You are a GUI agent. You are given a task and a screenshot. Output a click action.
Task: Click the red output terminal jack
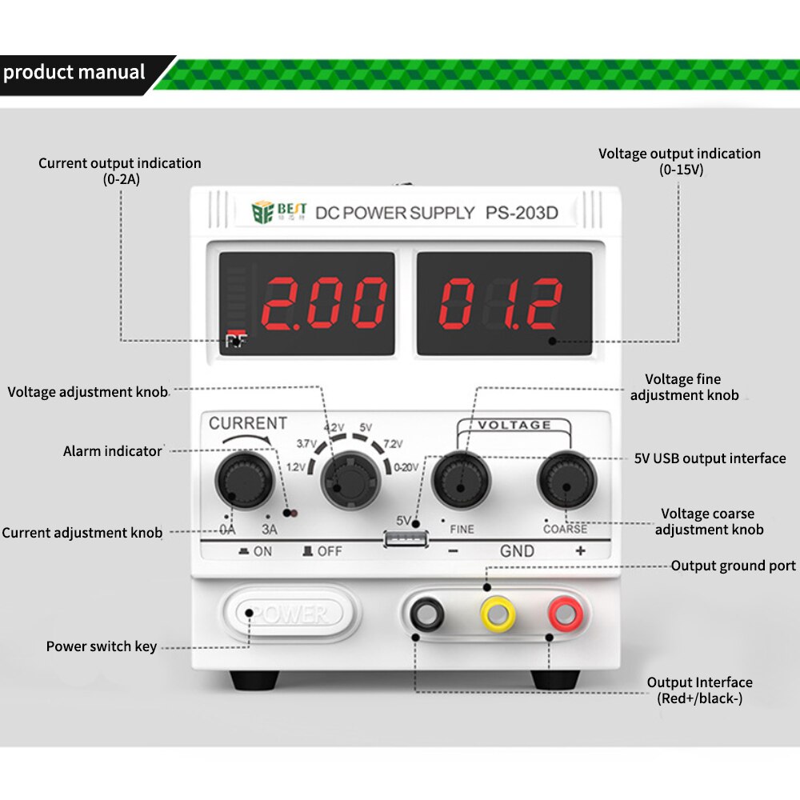[566, 614]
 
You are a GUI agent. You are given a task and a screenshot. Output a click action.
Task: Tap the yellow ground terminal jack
[498, 614]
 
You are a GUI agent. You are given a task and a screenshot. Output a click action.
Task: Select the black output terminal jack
[427, 614]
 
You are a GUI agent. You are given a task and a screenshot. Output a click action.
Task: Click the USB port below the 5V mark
[406, 538]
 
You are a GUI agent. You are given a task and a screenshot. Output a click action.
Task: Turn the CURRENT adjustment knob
[245, 480]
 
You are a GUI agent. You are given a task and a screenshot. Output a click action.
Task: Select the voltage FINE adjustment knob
[462, 480]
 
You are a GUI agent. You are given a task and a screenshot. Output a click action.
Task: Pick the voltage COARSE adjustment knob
[567, 480]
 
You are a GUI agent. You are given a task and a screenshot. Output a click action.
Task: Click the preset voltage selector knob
[350, 480]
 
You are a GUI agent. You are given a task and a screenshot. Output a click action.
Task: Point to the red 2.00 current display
[324, 303]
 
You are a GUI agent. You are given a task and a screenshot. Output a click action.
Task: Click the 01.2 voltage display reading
[501, 303]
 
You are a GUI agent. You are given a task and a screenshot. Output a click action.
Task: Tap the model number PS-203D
[522, 213]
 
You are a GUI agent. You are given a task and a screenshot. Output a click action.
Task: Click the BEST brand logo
[278, 212]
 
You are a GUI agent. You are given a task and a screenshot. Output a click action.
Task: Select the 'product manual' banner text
[74, 72]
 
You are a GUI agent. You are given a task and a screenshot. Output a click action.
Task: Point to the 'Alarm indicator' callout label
[112, 451]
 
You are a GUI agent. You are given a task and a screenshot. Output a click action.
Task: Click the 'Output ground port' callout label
[733, 566]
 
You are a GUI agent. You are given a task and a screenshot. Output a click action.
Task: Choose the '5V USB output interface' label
[710, 458]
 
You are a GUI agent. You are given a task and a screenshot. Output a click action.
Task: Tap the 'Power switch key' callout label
[101, 646]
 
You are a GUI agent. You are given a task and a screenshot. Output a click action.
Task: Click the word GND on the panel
[517, 551]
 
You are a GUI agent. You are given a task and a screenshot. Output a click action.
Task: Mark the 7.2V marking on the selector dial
[393, 444]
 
